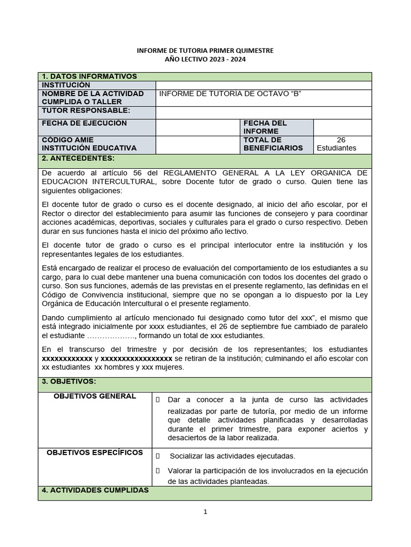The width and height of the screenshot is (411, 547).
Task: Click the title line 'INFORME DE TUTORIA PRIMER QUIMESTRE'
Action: [x=205, y=50]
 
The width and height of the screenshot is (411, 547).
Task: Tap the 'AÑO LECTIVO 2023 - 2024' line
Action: [x=205, y=59]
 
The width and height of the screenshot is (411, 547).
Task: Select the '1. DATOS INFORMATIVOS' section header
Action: [x=90, y=77]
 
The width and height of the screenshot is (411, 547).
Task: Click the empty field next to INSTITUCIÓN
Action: [x=263, y=85]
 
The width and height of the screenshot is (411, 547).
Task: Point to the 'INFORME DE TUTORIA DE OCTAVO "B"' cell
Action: [x=231, y=94]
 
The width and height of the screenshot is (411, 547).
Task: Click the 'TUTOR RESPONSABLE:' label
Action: [x=86, y=111]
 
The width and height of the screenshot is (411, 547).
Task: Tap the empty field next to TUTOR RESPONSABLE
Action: [x=263, y=113]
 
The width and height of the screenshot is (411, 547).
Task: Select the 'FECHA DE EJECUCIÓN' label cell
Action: [x=85, y=123]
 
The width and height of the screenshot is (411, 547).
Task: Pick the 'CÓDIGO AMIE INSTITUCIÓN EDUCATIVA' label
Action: [x=89, y=144]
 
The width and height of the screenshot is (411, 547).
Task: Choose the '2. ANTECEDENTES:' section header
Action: [x=78, y=159]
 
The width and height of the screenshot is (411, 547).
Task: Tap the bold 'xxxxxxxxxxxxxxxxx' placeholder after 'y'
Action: [x=136, y=358]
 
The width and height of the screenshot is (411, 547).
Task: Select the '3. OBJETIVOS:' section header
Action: [x=69, y=381]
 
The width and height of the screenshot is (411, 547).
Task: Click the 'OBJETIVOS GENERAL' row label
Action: [x=95, y=396]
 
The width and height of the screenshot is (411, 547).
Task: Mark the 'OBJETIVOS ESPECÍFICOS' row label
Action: [x=95, y=453]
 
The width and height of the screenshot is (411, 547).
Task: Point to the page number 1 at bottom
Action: [x=205, y=512]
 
